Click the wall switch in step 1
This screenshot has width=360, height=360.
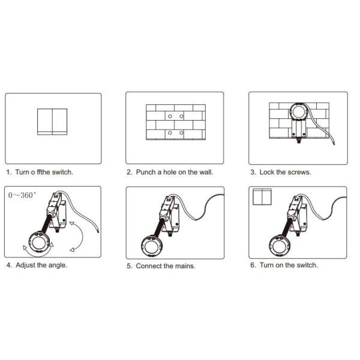pyautogui.click(x=52, y=122)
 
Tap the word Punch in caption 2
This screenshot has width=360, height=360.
pyautogui.click(x=146, y=172)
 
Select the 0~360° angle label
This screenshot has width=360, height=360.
pyautogui.click(x=22, y=196)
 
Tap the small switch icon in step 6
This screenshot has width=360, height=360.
pyautogui.click(x=262, y=197)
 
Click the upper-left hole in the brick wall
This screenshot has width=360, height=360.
pyautogui.click(x=170, y=116)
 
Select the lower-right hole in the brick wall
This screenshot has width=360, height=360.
pyautogui.click(x=181, y=133)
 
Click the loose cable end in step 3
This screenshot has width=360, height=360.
pyautogui.click(x=334, y=143)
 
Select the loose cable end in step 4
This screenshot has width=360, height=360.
pyautogui.click(x=98, y=231)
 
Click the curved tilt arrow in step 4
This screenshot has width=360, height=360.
pyautogui.click(x=83, y=236)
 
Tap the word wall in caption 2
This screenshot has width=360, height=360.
pyautogui.click(x=207, y=172)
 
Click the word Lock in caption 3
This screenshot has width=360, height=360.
pyautogui.click(x=267, y=172)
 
